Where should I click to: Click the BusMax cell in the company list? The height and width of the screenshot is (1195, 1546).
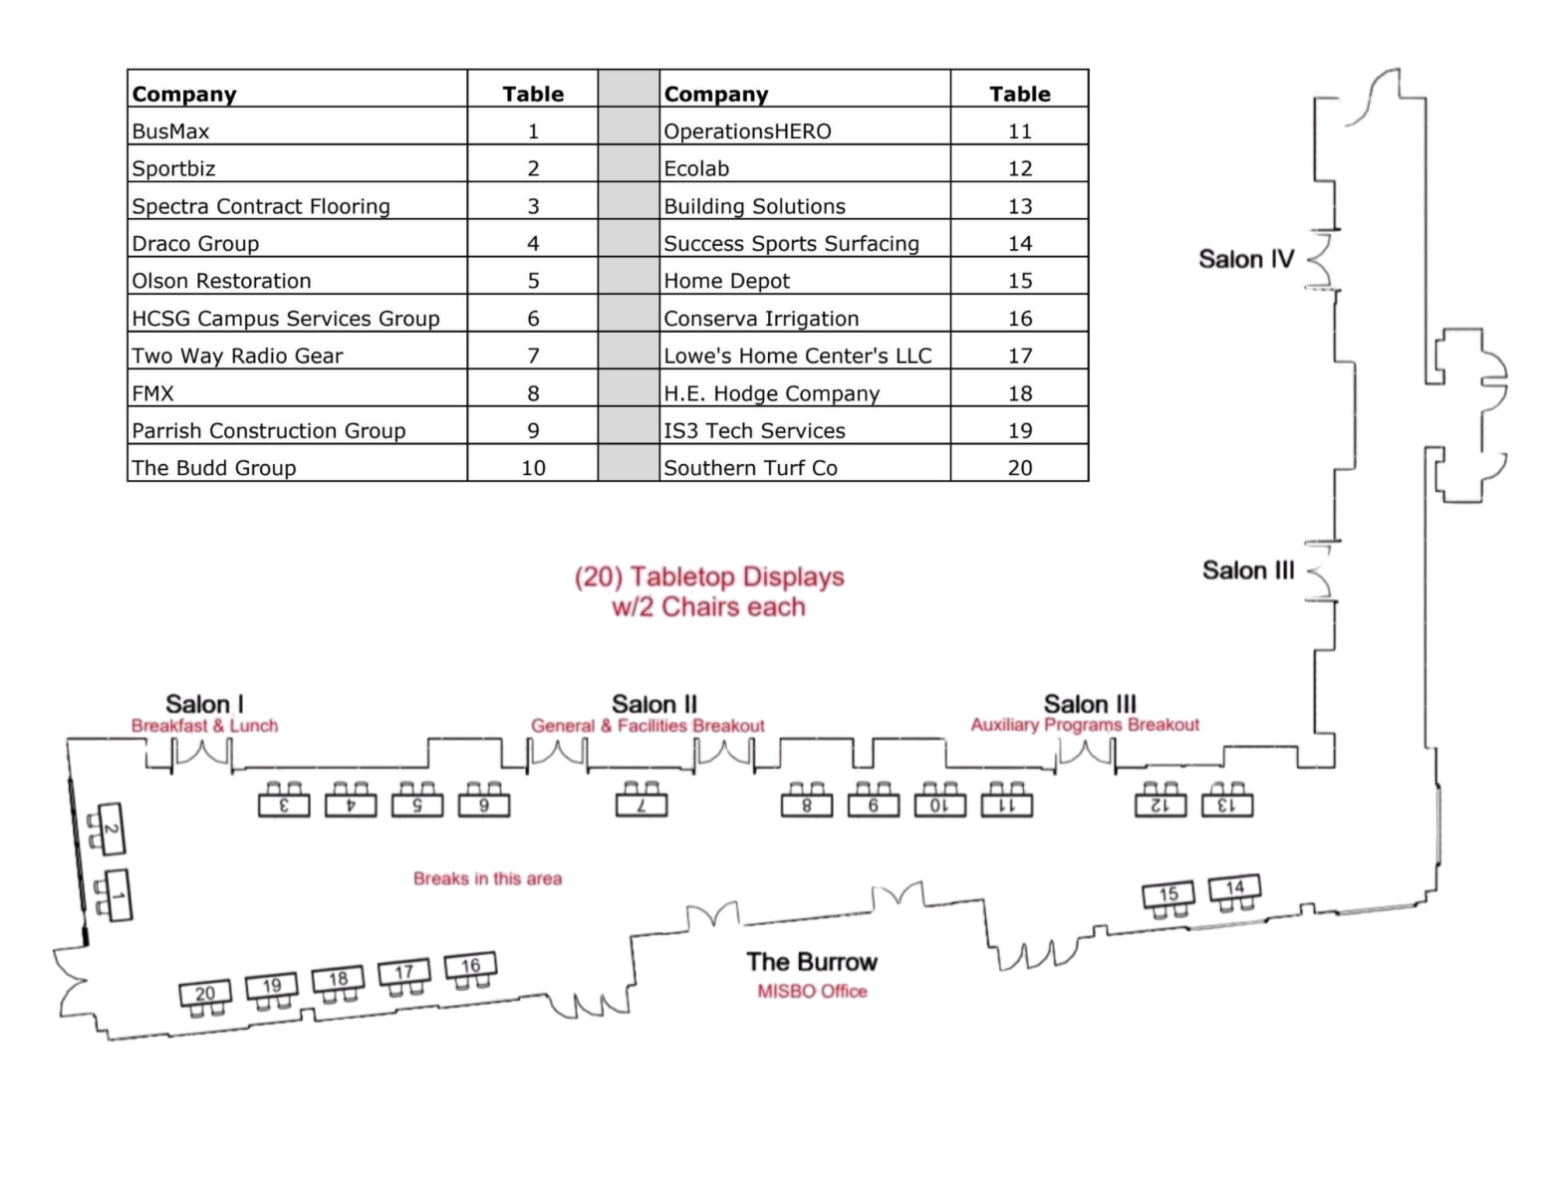(x=297, y=130)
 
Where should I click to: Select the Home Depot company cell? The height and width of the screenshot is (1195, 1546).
(x=804, y=281)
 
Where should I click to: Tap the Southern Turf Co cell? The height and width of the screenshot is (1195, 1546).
(x=804, y=468)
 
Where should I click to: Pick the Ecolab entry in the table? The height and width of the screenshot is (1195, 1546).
(x=804, y=168)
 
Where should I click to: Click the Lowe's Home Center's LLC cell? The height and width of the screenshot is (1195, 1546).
(x=804, y=356)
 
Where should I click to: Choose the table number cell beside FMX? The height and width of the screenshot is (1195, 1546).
(x=533, y=393)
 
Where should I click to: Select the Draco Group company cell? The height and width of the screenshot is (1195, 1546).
(x=297, y=243)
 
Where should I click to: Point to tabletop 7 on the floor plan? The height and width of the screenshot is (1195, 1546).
(x=642, y=805)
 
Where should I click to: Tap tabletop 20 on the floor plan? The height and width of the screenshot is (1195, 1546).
(x=205, y=993)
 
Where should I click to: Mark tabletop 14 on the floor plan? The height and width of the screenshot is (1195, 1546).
(x=1234, y=887)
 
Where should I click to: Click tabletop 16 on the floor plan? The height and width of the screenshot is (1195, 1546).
(x=470, y=965)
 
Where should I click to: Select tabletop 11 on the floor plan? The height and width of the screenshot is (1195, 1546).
(x=1006, y=805)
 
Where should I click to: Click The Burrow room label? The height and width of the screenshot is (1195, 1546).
(x=812, y=962)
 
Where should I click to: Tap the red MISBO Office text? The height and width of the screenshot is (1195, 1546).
(x=812, y=992)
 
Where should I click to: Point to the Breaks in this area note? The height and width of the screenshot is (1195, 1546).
(x=487, y=878)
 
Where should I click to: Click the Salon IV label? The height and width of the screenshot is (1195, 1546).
(x=1245, y=260)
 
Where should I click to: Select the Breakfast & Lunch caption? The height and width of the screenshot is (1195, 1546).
(x=204, y=726)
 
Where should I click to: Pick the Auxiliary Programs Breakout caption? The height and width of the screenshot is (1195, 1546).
(x=1085, y=725)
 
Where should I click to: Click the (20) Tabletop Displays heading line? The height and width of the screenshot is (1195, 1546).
(x=709, y=578)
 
